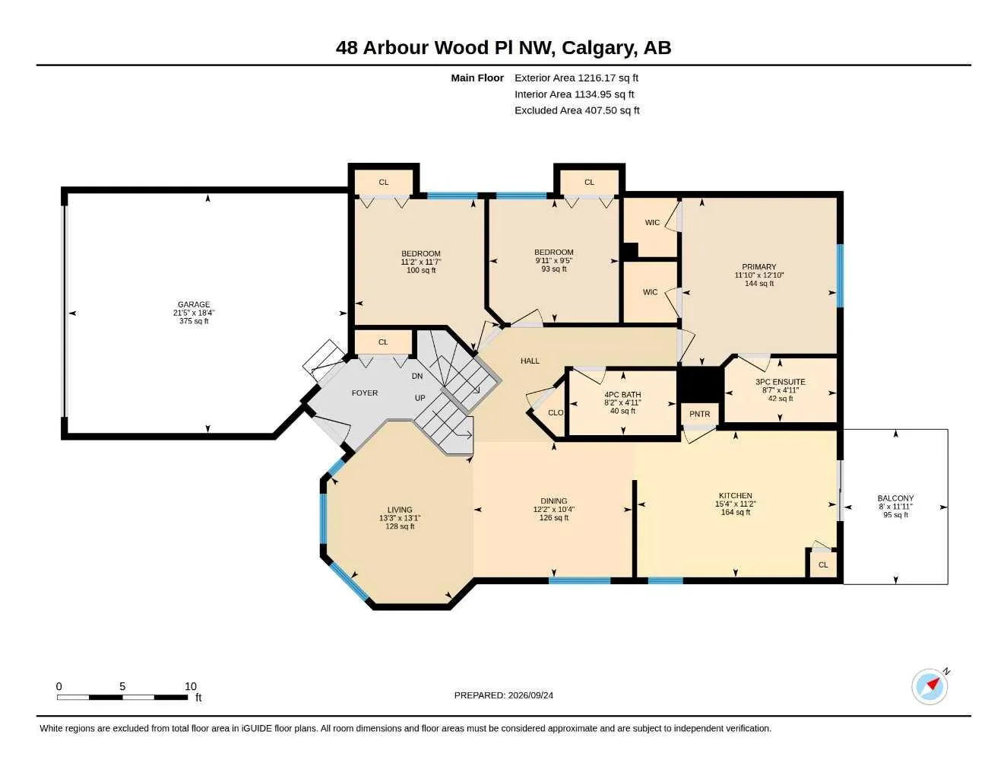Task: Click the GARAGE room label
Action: (x=194, y=304)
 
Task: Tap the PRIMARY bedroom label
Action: (x=758, y=266)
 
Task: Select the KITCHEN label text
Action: (x=735, y=495)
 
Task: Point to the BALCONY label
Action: (x=895, y=498)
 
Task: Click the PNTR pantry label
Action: (x=699, y=414)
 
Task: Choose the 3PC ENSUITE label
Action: (x=781, y=382)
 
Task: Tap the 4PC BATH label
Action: (x=622, y=395)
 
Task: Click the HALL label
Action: (x=530, y=361)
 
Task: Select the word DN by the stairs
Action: (x=417, y=376)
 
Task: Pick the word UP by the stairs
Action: (x=420, y=398)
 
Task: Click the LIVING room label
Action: (x=400, y=510)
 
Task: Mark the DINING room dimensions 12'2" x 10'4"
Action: (x=553, y=509)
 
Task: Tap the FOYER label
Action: (x=364, y=393)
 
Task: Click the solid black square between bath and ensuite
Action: (x=700, y=384)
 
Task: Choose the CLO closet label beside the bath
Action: (x=555, y=412)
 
